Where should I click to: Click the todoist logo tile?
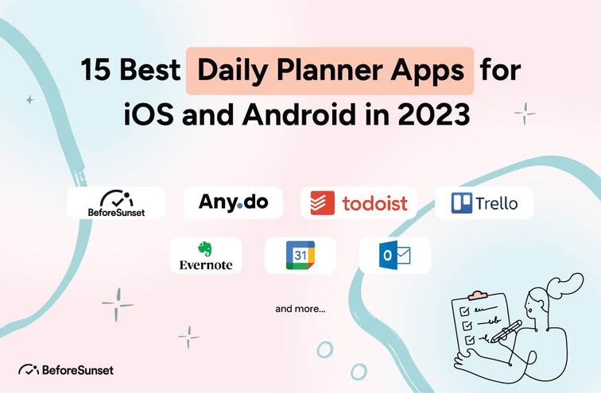coord(360,202)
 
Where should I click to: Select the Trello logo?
coord(484,202)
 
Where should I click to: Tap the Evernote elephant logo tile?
coord(206,256)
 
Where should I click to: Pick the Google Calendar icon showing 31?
coord(300,255)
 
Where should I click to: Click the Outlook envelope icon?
coord(395,255)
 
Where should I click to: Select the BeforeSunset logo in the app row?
coord(116,202)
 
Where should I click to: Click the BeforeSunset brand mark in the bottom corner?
coord(65,369)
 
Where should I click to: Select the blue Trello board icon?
coord(462,202)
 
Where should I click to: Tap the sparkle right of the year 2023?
coord(525,114)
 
